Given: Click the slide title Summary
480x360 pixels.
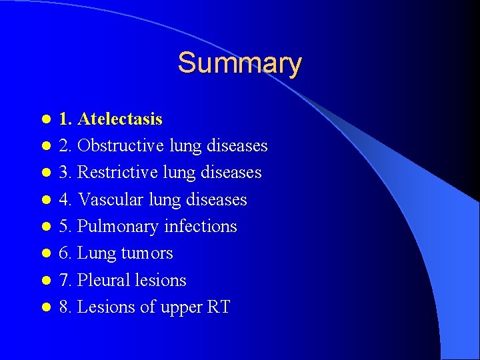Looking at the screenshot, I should coord(239,63).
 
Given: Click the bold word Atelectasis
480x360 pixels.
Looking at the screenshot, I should coord(120,119).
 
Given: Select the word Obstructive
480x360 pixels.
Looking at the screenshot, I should coord(121,146).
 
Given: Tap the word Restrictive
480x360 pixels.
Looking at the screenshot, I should coord(118,173).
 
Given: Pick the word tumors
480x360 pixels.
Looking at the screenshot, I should coord(147,253).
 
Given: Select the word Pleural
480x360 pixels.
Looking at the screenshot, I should coord(102,280).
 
